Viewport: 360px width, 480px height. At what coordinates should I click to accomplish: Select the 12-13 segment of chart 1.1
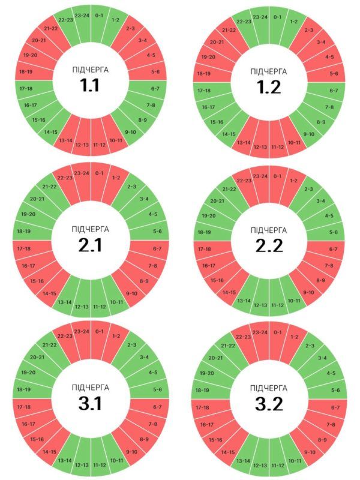[x=82, y=145]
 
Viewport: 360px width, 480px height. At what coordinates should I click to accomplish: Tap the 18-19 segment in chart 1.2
[x=203, y=73]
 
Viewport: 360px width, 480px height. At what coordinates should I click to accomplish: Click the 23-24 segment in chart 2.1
[x=82, y=174]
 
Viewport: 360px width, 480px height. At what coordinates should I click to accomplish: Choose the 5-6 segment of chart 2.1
[x=157, y=231]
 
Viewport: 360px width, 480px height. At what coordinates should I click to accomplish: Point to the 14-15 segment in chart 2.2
[x=229, y=292]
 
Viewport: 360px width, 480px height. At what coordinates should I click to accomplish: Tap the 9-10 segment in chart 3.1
[x=131, y=451]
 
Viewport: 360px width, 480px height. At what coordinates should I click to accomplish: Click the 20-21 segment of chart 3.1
[x=37, y=357]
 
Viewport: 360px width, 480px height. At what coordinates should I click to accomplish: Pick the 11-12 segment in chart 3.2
[x=277, y=465]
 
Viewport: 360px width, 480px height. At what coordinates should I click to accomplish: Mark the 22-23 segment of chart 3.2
[x=244, y=337]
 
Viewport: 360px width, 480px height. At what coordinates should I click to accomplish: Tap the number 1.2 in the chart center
[x=269, y=87]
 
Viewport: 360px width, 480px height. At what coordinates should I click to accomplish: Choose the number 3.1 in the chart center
[x=91, y=403]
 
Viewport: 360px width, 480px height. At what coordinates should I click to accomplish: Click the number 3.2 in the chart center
[x=269, y=404]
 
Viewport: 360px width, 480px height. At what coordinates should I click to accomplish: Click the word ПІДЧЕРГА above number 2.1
[x=91, y=229]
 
